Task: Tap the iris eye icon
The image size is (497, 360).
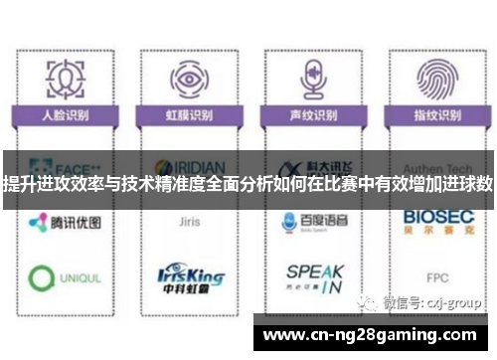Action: tap(186, 78)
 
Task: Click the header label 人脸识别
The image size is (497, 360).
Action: tap(66, 115)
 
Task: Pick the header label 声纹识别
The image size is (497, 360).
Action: tap(311, 115)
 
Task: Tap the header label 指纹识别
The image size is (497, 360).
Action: tap(434, 115)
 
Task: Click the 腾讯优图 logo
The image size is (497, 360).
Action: tap(66, 223)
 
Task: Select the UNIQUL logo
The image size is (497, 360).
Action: tap(66, 277)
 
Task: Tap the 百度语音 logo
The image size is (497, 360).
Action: tap(311, 223)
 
